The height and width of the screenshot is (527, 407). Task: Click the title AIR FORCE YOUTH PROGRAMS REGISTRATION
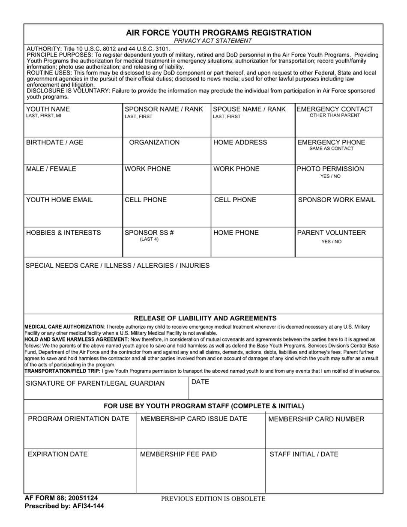[218, 33]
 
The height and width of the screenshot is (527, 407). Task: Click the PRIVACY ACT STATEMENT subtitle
[213, 41]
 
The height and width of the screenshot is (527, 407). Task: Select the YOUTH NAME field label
[48, 109]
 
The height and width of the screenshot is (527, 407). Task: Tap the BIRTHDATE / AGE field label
[55, 142]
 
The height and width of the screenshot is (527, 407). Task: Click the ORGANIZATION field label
[154, 142]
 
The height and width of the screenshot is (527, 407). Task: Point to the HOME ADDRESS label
[240, 142]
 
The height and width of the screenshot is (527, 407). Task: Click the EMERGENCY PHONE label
[331, 142]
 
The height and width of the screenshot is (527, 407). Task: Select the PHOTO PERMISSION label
[330, 169]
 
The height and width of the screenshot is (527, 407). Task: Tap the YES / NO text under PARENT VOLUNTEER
[332, 242]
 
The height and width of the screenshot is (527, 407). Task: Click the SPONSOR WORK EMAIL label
[336, 200]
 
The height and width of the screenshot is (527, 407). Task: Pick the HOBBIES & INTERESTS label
[63, 233]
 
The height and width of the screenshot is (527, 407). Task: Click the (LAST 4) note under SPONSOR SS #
[149, 240]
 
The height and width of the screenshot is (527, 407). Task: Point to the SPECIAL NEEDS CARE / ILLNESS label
[117, 266]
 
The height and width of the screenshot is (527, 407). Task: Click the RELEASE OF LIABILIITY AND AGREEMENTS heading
[205, 318]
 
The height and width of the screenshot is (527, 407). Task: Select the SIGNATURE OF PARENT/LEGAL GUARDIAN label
[95, 383]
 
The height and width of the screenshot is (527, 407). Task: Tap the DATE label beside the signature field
[200, 382]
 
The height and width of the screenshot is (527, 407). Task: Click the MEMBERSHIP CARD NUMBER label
[316, 419]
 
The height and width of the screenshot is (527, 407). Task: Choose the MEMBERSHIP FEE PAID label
[178, 454]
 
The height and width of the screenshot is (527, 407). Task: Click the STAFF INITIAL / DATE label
[304, 454]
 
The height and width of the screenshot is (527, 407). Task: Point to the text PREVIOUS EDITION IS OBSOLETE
[213, 499]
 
